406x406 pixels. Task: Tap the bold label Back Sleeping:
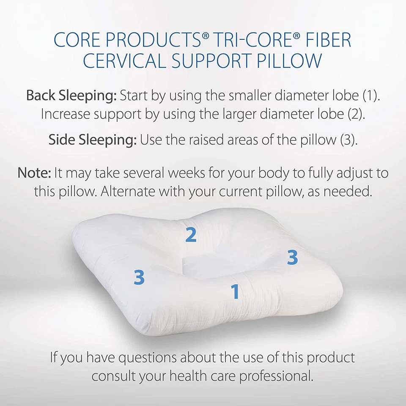tap(71, 95)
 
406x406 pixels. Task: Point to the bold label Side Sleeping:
tap(92, 140)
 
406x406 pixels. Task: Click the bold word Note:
tap(34, 173)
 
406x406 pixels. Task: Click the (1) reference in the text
tap(372, 95)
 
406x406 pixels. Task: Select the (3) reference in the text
tap(348, 140)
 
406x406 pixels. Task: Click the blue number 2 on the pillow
tap(191, 235)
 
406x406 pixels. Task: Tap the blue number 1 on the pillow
tap(235, 292)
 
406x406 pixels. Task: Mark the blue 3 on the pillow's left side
tap(139, 277)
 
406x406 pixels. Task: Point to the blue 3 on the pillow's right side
tap(292, 257)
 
